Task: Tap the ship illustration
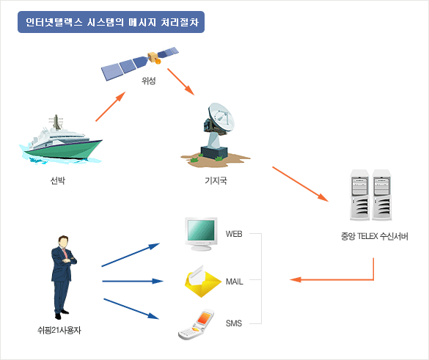(x=61, y=141)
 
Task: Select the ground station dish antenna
(x=216, y=135)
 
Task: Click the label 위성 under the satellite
(x=149, y=81)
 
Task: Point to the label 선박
(x=58, y=180)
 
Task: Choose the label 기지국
(x=216, y=180)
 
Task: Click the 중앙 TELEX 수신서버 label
(x=374, y=236)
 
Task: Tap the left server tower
(x=359, y=195)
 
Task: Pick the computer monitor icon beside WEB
(x=201, y=234)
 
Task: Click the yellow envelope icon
(x=202, y=281)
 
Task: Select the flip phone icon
(x=196, y=325)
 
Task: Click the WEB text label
(x=234, y=234)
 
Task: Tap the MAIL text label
(x=235, y=282)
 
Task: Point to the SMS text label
(x=234, y=323)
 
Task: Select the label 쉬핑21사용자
(x=59, y=331)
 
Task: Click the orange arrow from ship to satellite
(x=111, y=106)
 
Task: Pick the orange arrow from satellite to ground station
(x=181, y=81)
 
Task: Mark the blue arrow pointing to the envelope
(x=133, y=281)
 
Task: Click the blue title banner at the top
(x=111, y=22)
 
